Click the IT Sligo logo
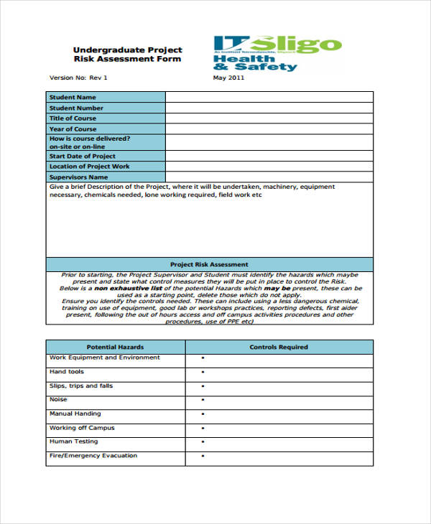tap(276, 53)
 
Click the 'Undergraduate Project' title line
tap(127, 50)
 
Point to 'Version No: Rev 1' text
tap(78, 78)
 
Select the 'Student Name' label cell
tap(106, 98)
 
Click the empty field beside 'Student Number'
tap(269, 108)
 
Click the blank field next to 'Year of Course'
tap(269, 129)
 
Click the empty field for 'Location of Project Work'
tap(269, 167)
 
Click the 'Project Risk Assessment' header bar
tap(209, 264)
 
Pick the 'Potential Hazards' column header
tap(116, 347)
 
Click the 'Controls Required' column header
tap(279, 347)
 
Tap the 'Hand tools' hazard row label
tap(67, 372)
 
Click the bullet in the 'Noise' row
tap(203, 400)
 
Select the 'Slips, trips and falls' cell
tap(81, 386)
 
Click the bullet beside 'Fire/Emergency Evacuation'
tap(203, 457)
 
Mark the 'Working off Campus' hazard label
tap(81, 428)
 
